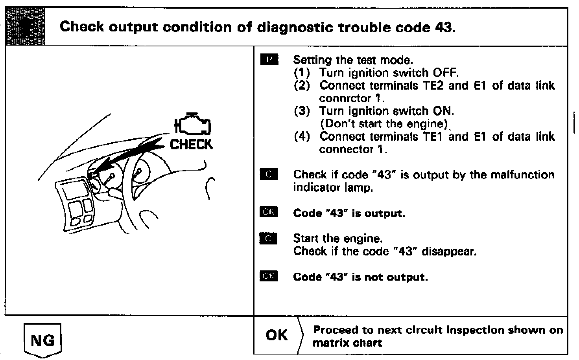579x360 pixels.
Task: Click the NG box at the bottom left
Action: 42,339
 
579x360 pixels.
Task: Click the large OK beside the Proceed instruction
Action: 277,335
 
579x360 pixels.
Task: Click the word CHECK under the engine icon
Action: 191,145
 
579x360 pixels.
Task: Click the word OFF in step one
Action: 445,73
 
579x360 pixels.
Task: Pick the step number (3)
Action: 302,111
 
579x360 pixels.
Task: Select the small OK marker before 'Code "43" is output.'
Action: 269,213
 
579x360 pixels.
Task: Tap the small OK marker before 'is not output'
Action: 269,277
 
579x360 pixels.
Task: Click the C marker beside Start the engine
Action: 269,239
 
